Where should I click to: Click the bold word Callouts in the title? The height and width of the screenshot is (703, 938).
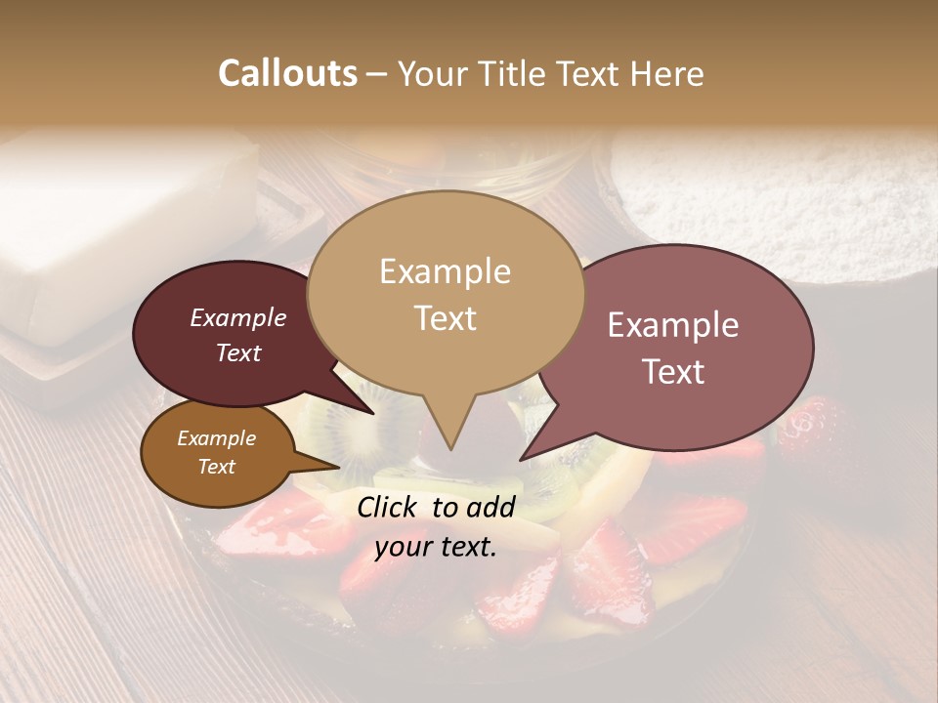pyautogui.click(x=287, y=73)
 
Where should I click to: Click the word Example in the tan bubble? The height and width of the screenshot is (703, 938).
pyautogui.click(x=445, y=271)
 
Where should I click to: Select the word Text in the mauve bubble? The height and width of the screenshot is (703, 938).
pyautogui.click(x=674, y=372)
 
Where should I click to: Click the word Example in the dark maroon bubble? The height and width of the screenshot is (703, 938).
pyautogui.click(x=237, y=317)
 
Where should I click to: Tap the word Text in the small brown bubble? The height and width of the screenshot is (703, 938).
pyautogui.click(x=216, y=467)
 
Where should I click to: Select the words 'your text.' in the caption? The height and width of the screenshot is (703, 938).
pyautogui.click(x=436, y=547)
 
